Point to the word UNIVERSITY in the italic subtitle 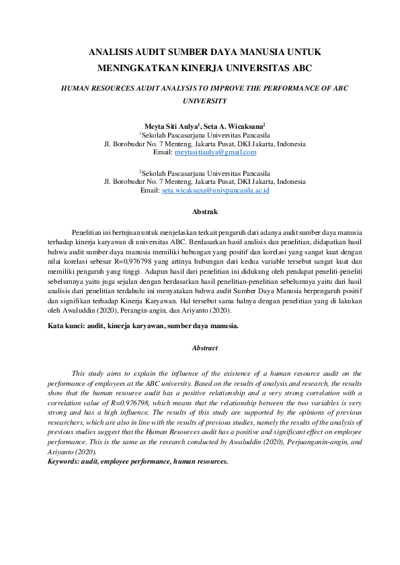205,101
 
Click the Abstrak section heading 204,211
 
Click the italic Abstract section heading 205,348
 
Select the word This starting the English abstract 79,372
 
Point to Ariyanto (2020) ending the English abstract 73,453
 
